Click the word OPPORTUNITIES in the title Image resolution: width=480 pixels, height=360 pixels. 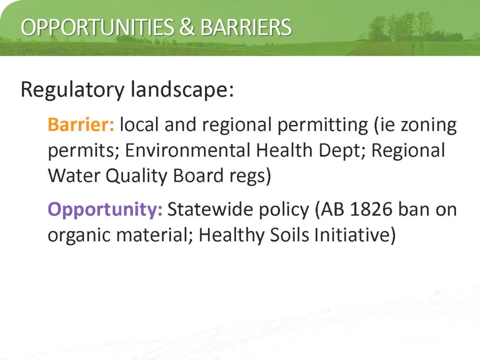point(97,27)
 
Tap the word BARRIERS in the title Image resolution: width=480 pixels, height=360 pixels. point(246,27)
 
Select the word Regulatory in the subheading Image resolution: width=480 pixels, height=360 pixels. point(73,90)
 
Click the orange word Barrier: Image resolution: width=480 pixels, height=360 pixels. point(81,125)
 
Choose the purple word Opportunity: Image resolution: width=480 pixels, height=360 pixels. point(105,210)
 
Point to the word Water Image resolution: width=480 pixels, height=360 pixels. point(74,176)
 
